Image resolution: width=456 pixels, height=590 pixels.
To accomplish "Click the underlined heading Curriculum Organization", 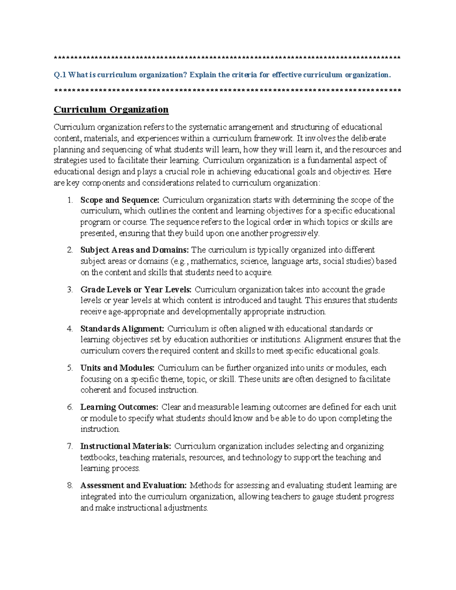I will pyautogui.click(x=111, y=110).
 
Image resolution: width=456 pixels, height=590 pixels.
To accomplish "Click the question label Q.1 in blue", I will pyautogui.click(x=60, y=75).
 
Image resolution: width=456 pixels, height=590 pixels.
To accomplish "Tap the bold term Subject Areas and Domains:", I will pyautogui.click(x=135, y=250).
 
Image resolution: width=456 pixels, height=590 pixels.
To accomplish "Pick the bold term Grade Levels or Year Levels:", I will pyautogui.click(x=136, y=289).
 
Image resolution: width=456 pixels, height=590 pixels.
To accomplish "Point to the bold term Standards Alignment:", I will pyautogui.click(x=122, y=329).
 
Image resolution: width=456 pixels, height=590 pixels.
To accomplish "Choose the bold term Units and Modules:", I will pyautogui.click(x=117, y=368).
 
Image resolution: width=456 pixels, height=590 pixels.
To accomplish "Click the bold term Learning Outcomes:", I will pyautogui.click(x=119, y=407).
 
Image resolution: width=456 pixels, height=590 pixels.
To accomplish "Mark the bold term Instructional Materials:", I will pyautogui.click(x=126, y=446).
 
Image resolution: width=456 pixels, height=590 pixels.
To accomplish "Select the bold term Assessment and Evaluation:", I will pyautogui.click(x=133, y=486).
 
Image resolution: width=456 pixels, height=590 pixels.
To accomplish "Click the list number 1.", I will pyautogui.click(x=70, y=200).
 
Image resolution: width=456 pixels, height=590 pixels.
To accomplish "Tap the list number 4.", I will pyautogui.click(x=70, y=329).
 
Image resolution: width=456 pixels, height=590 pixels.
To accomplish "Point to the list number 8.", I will pyautogui.click(x=70, y=486).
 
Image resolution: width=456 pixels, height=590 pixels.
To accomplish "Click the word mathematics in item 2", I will pyautogui.click(x=214, y=261).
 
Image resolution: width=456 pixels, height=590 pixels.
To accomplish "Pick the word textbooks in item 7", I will pyautogui.click(x=98, y=457).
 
